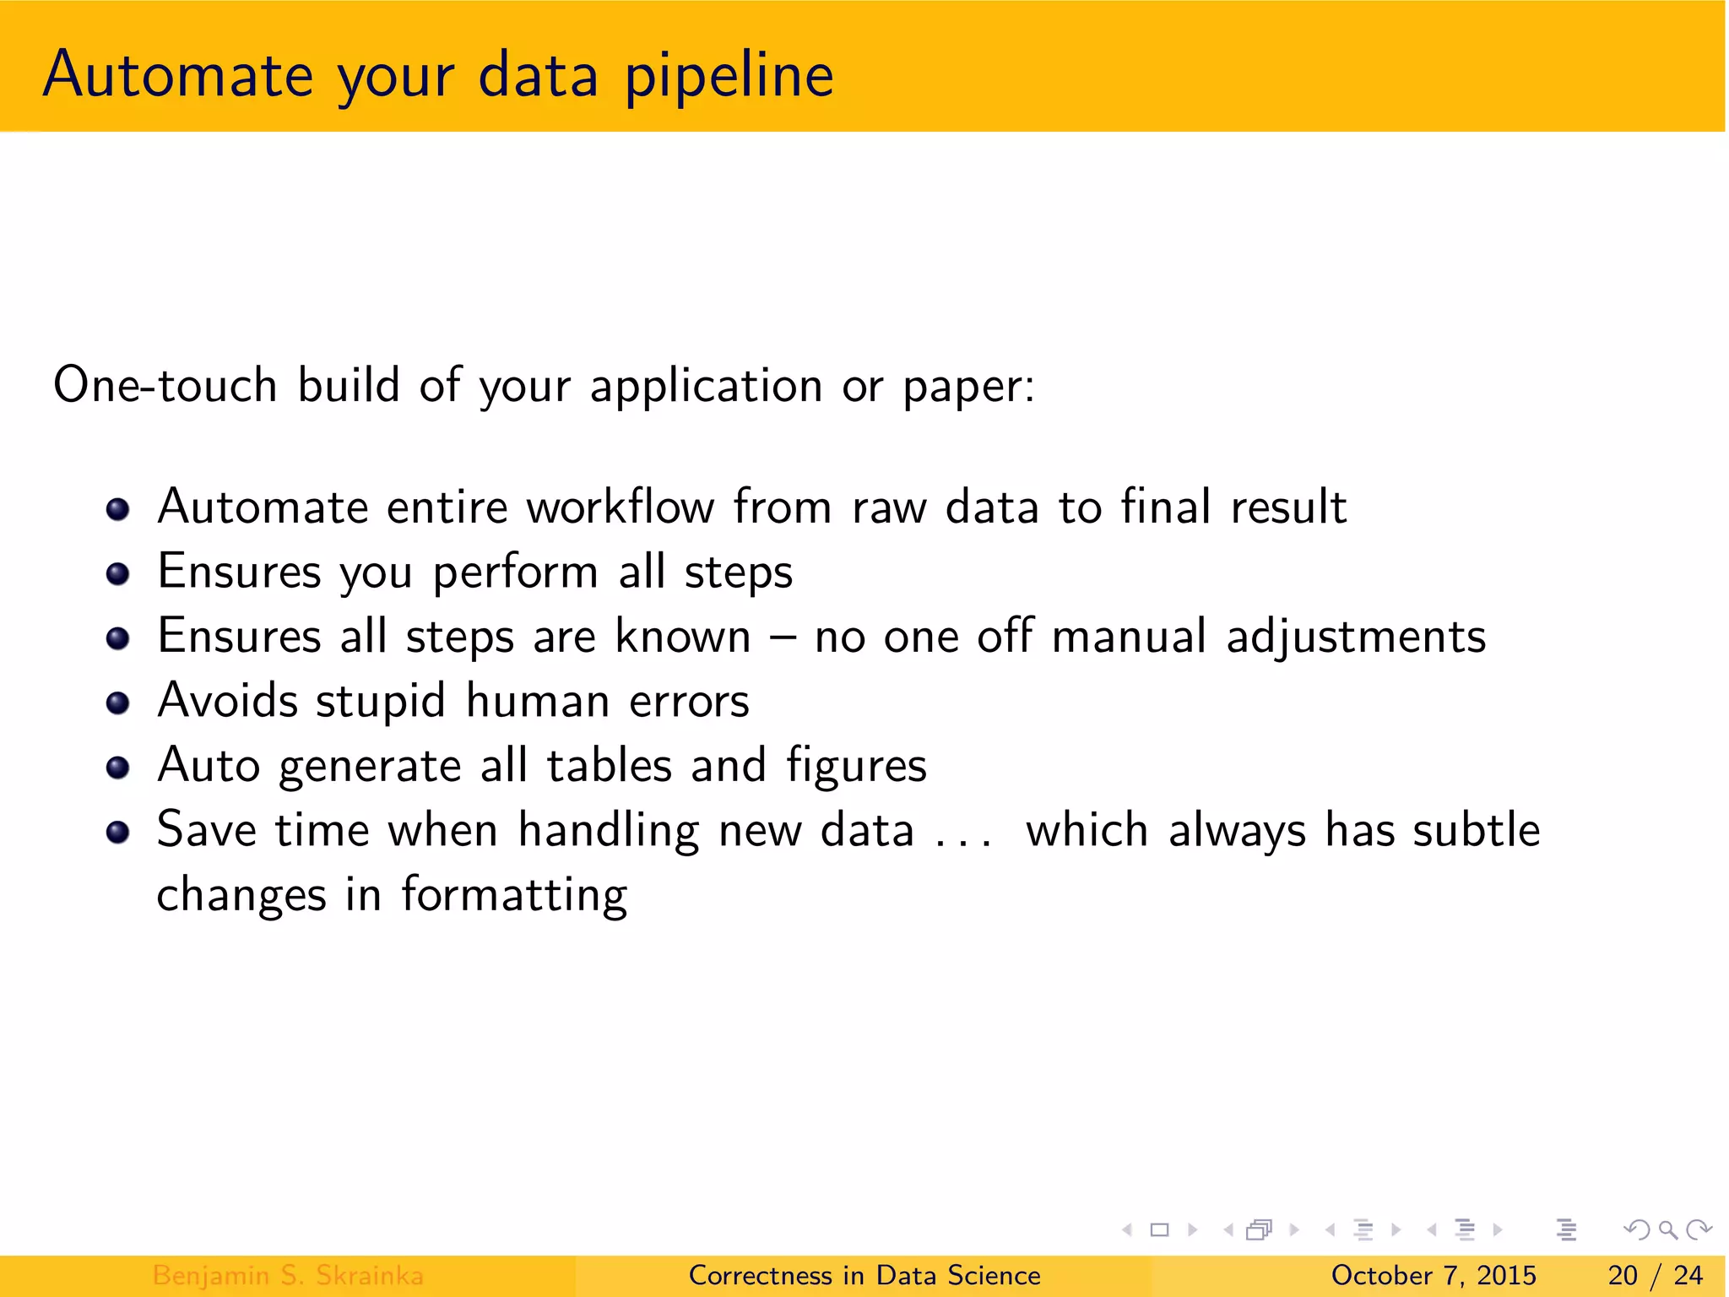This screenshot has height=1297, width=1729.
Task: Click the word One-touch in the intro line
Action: point(165,385)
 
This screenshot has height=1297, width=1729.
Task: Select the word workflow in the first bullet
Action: point(621,507)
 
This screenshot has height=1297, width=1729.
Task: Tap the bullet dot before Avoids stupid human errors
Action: point(118,703)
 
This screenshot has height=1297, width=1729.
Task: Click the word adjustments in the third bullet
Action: point(1355,638)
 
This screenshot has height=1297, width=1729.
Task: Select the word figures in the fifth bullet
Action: point(856,767)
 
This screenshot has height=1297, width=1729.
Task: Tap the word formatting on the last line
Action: point(513,896)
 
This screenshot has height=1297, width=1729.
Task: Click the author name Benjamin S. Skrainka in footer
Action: point(288,1275)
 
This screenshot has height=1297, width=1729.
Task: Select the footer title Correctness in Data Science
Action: point(864,1275)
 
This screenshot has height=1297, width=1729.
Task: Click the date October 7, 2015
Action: point(1433,1275)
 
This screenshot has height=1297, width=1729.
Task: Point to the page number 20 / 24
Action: point(1655,1275)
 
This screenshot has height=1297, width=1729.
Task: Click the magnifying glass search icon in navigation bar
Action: point(1667,1230)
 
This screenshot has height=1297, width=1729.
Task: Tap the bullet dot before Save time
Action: point(118,833)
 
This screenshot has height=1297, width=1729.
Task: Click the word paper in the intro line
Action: point(967,387)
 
